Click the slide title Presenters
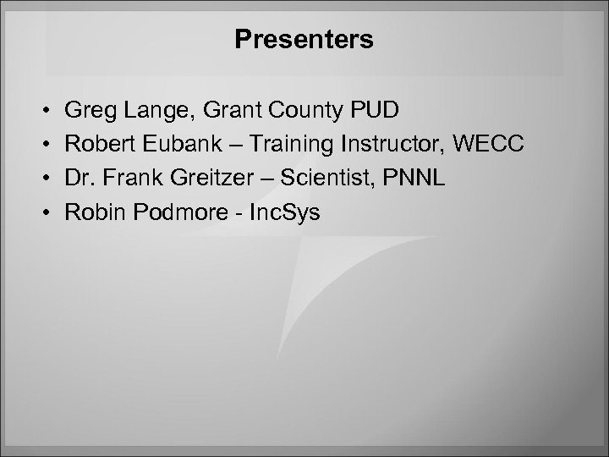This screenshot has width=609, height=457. pyautogui.click(x=304, y=40)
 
